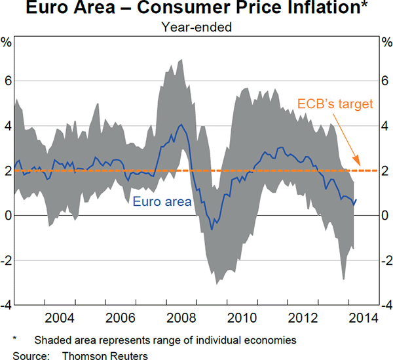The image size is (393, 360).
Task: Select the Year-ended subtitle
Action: [x=196, y=28]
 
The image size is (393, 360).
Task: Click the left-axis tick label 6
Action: [x=7, y=81]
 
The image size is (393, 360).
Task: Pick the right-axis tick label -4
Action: [x=385, y=305]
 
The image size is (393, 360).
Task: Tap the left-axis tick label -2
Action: [x=5, y=260]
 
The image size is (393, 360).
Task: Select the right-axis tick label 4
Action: [x=386, y=126]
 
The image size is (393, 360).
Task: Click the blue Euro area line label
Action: [x=162, y=201]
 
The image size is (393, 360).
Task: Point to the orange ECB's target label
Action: [x=335, y=104]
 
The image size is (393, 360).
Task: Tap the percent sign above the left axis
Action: [x=7, y=43]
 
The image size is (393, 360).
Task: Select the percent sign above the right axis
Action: [x=386, y=43]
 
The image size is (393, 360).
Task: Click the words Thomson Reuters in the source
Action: [x=105, y=354]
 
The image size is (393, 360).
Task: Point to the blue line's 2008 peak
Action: [x=181, y=124]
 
